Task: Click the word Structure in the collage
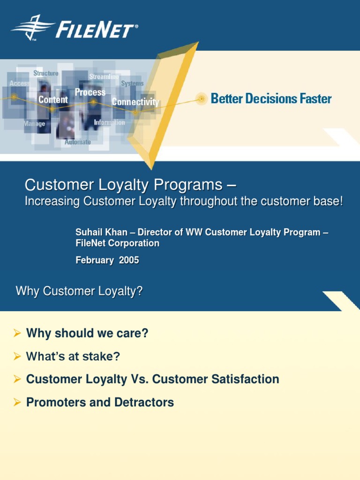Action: tap(46, 73)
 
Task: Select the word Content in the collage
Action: tap(53, 99)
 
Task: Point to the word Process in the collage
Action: tap(90, 92)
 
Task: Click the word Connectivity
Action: tap(135, 102)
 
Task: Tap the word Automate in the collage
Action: tap(78, 142)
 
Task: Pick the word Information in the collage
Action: tap(109, 122)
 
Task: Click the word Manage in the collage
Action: tap(35, 124)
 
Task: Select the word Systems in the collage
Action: tap(132, 83)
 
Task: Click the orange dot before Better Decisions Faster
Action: tap(202, 99)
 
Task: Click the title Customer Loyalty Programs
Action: tap(130, 185)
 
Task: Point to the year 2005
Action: tap(129, 260)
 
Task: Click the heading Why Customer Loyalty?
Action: tap(79, 291)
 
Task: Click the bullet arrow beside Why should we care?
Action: tap(17, 333)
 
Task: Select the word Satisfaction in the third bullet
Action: tap(247, 379)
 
